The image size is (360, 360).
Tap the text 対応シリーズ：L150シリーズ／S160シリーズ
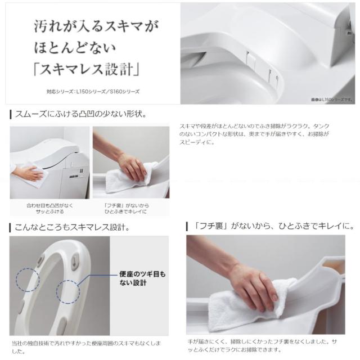point(93,91)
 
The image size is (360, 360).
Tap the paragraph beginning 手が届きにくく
point(270,345)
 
